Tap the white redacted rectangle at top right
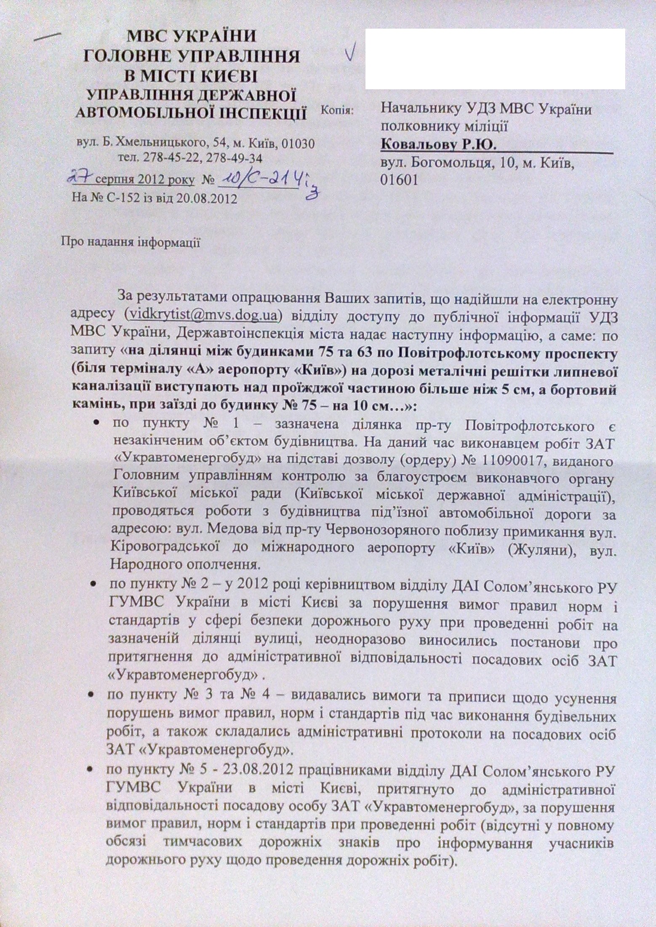tap(495, 59)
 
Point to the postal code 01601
tap(399, 180)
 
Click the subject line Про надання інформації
tap(131, 243)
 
